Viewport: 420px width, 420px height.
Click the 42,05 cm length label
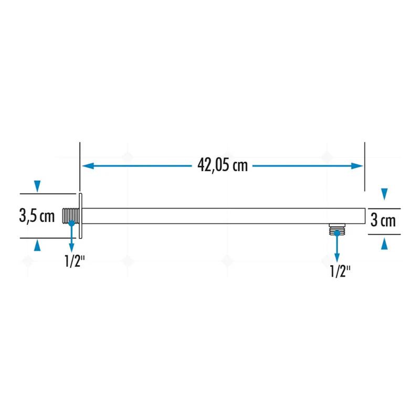click(223, 165)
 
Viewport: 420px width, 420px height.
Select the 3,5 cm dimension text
click(37, 216)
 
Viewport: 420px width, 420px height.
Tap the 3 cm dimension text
click(383, 220)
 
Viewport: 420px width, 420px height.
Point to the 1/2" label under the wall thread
click(75, 261)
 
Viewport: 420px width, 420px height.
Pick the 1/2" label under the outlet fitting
click(340, 271)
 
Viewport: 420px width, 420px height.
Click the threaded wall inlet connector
click(71, 216)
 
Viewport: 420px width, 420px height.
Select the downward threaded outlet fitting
click(337, 229)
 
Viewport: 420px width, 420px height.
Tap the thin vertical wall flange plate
click(81, 216)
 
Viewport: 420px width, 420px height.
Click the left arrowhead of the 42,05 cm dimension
click(88, 166)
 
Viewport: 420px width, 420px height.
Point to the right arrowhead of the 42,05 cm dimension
click(357, 166)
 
